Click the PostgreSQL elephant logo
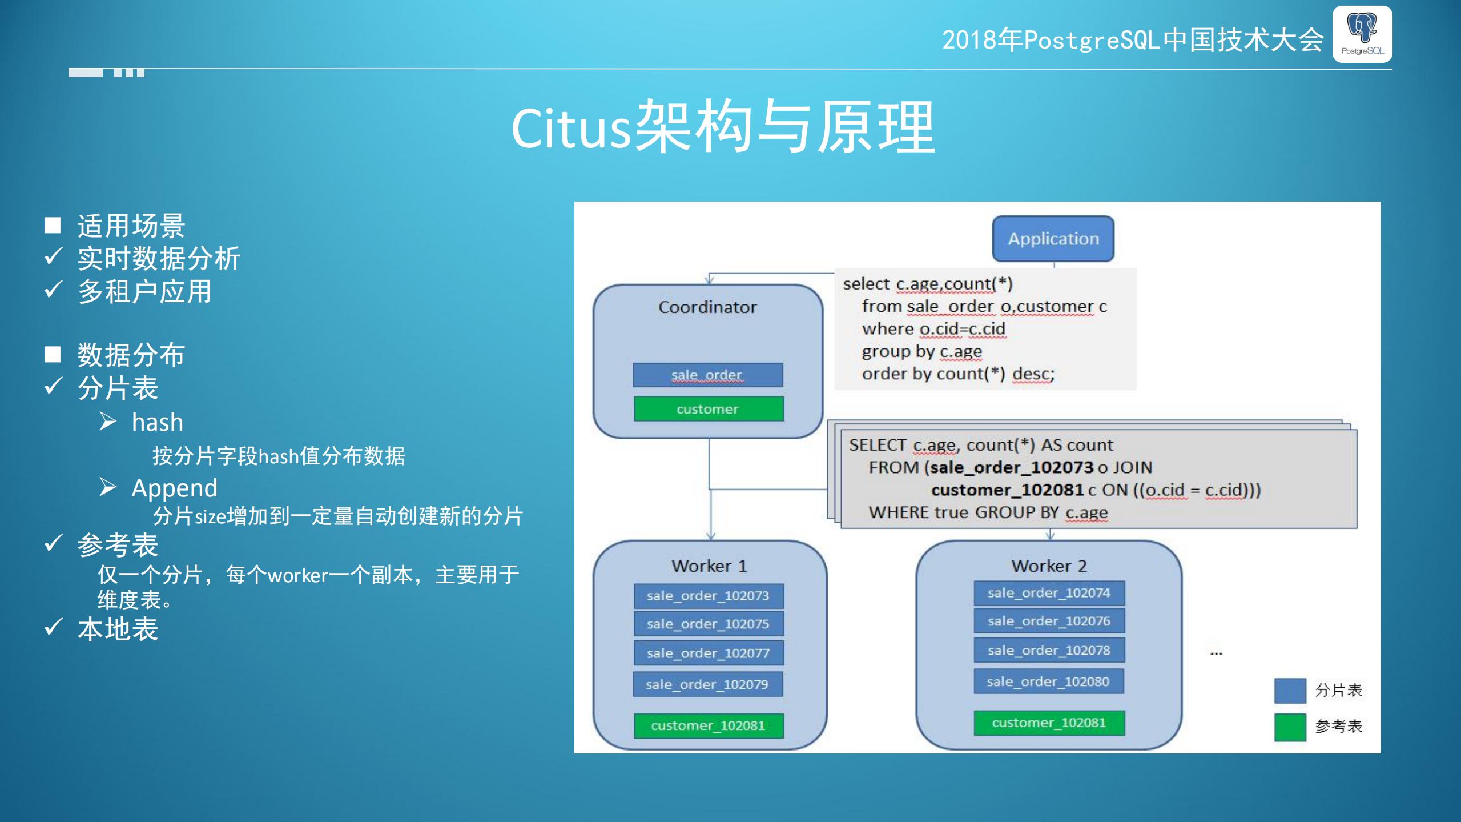click(x=1362, y=34)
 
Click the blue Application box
click(x=1053, y=239)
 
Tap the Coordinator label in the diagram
click(x=707, y=307)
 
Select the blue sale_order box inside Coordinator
click(x=707, y=375)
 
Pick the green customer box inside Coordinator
click(x=708, y=409)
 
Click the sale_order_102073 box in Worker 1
click(x=708, y=596)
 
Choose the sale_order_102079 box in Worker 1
click(x=707, y=684)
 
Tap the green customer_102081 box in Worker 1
click(x=708, y=725)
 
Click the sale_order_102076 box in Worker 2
click(x=1049, y=621)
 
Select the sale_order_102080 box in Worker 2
click(x=1048, y=681)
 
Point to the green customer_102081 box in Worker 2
click(x=1049, y=723)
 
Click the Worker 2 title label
click(x=1049, y=566)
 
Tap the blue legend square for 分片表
click(x=1290, y=691)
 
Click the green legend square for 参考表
click(x=1290, y=727)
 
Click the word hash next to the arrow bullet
click(x=158, y=423)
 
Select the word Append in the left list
click(x=174, y=488)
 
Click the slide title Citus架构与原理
click(x=723, y=128)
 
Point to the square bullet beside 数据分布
click(x=53, y=355)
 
